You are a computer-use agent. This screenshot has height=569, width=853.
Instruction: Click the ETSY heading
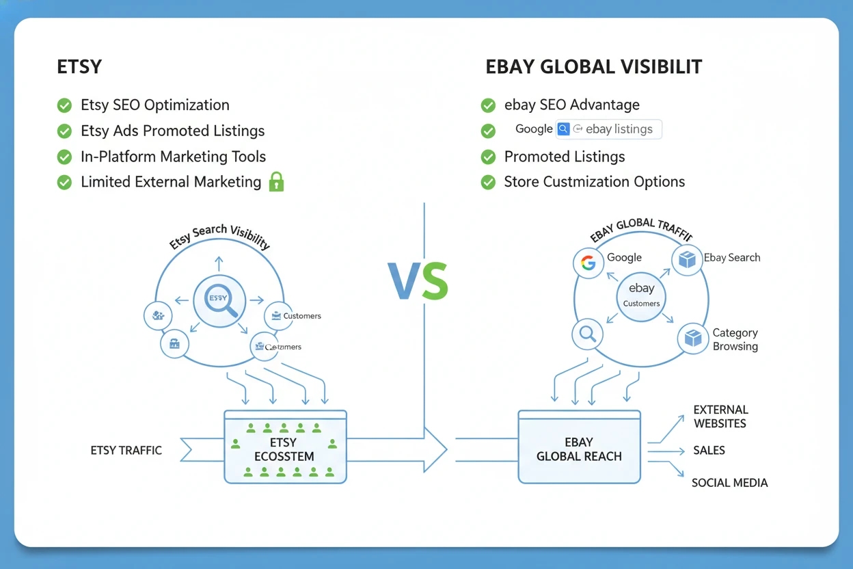point(79,67)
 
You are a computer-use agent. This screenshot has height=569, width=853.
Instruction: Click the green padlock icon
point(276,182)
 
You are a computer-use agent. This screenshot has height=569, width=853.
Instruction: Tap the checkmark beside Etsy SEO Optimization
point(64,105)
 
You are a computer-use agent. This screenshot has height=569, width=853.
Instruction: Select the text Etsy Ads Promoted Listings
point(172,131)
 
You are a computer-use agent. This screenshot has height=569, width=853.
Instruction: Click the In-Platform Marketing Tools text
point(173,157)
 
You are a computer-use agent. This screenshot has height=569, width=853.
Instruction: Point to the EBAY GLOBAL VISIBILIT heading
point(593,67)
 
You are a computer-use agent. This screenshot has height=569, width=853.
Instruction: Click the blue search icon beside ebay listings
point(563,129)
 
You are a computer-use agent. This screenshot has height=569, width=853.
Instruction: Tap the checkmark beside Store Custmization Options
point(488,182)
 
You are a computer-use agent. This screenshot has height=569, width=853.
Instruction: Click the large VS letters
point(418,281)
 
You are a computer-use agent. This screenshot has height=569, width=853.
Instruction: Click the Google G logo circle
point(588,263)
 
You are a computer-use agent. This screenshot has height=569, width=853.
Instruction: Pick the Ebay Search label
point(732,258)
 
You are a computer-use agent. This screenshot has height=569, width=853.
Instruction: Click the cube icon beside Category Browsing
point(693,339)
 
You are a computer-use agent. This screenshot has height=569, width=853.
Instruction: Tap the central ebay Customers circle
point(641,295)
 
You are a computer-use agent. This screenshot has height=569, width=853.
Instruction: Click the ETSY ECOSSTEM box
point(285,447)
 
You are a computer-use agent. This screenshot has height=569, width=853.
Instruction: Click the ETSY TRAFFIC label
point(126,450)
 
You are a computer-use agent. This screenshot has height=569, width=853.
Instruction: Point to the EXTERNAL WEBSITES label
point(720,416)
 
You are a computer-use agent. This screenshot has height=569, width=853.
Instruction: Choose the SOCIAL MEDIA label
point(729,483)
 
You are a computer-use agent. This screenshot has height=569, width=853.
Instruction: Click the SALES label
point(709,451)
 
